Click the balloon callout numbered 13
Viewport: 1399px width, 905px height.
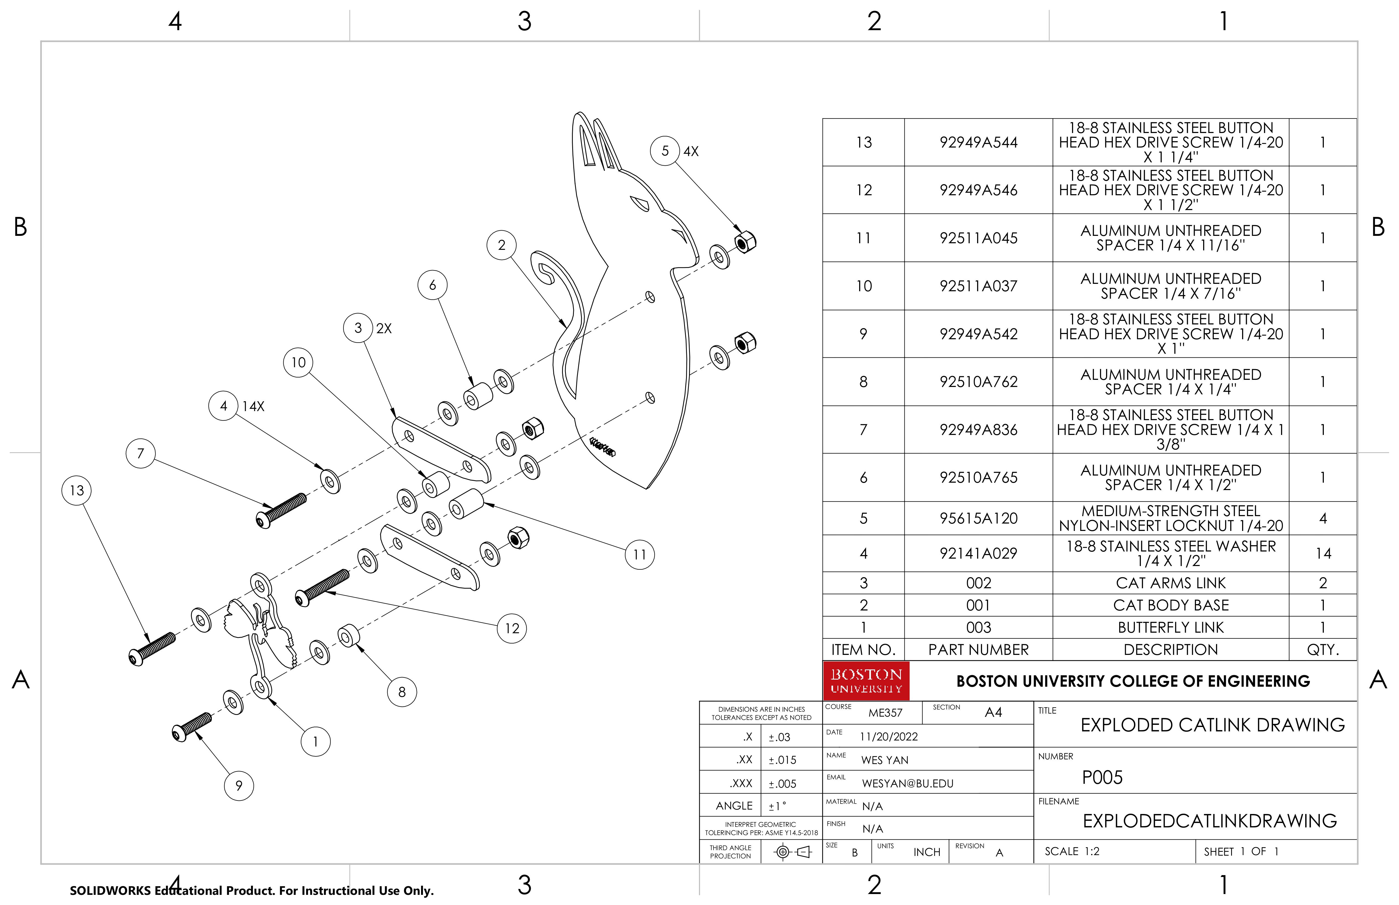pyautogui.click(x=77, y=490)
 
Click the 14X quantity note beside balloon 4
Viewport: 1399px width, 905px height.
pyautogui.click(x=253, y=406)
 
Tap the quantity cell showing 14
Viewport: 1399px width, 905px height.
pyautogui.click(x=1322, y=553)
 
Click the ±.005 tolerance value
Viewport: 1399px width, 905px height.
pyautogui.click(x=782, y=783)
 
